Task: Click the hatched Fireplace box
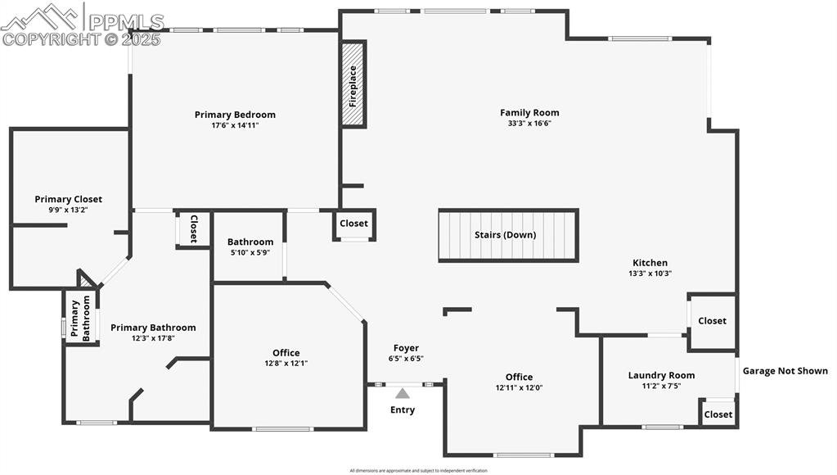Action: (x=353, y=84)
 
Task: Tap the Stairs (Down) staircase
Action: (x=508, y=235)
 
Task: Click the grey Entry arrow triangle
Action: (x=403, y=393)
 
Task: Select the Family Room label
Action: (x=529, y=113)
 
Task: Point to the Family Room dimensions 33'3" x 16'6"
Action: (x=529, y=124)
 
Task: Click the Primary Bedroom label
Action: (x=235, y=115)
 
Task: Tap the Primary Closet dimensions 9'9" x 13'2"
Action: (x=68, y=210)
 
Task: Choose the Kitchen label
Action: (x=650, y=263)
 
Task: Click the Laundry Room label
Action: (x=661, y=375)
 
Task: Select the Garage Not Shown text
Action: (x=785, y=371)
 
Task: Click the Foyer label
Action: (x=406, y=348)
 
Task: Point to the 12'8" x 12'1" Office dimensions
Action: (x=286, y=363)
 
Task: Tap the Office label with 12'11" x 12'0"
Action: (x=519, y=378)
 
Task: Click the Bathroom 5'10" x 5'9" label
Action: (x=250, y=242)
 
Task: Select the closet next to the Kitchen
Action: (x=712, y=321)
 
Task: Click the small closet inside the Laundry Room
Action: (x=718, y=414)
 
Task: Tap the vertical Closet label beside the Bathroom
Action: (x=194, y=229)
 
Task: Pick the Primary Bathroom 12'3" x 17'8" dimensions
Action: (x=153, y=338)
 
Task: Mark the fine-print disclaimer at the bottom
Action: (x=418, y=471)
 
